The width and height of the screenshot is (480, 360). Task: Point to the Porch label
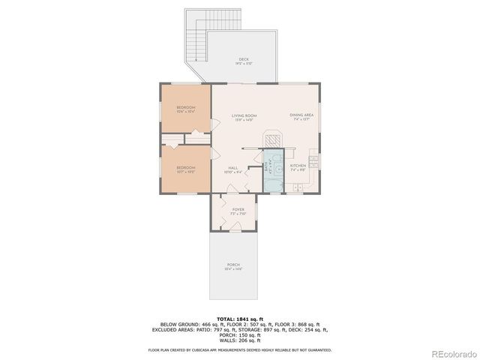[x=233, y=266]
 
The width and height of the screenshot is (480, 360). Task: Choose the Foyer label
[x=238, y=211]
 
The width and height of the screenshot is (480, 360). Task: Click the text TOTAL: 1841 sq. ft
[x=239, y=318]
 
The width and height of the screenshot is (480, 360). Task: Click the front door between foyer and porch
[x=234, y=229]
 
